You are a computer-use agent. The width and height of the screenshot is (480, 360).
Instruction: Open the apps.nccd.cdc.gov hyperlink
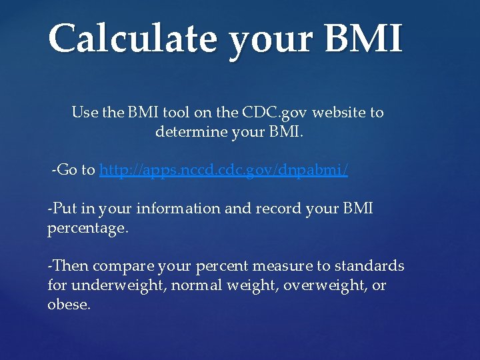coord(223,171)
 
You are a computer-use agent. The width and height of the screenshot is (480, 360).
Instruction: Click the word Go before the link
coord(67,171)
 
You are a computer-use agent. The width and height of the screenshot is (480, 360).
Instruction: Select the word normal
coord(193,285)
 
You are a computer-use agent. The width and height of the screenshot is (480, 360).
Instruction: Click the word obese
coord(68,305)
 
